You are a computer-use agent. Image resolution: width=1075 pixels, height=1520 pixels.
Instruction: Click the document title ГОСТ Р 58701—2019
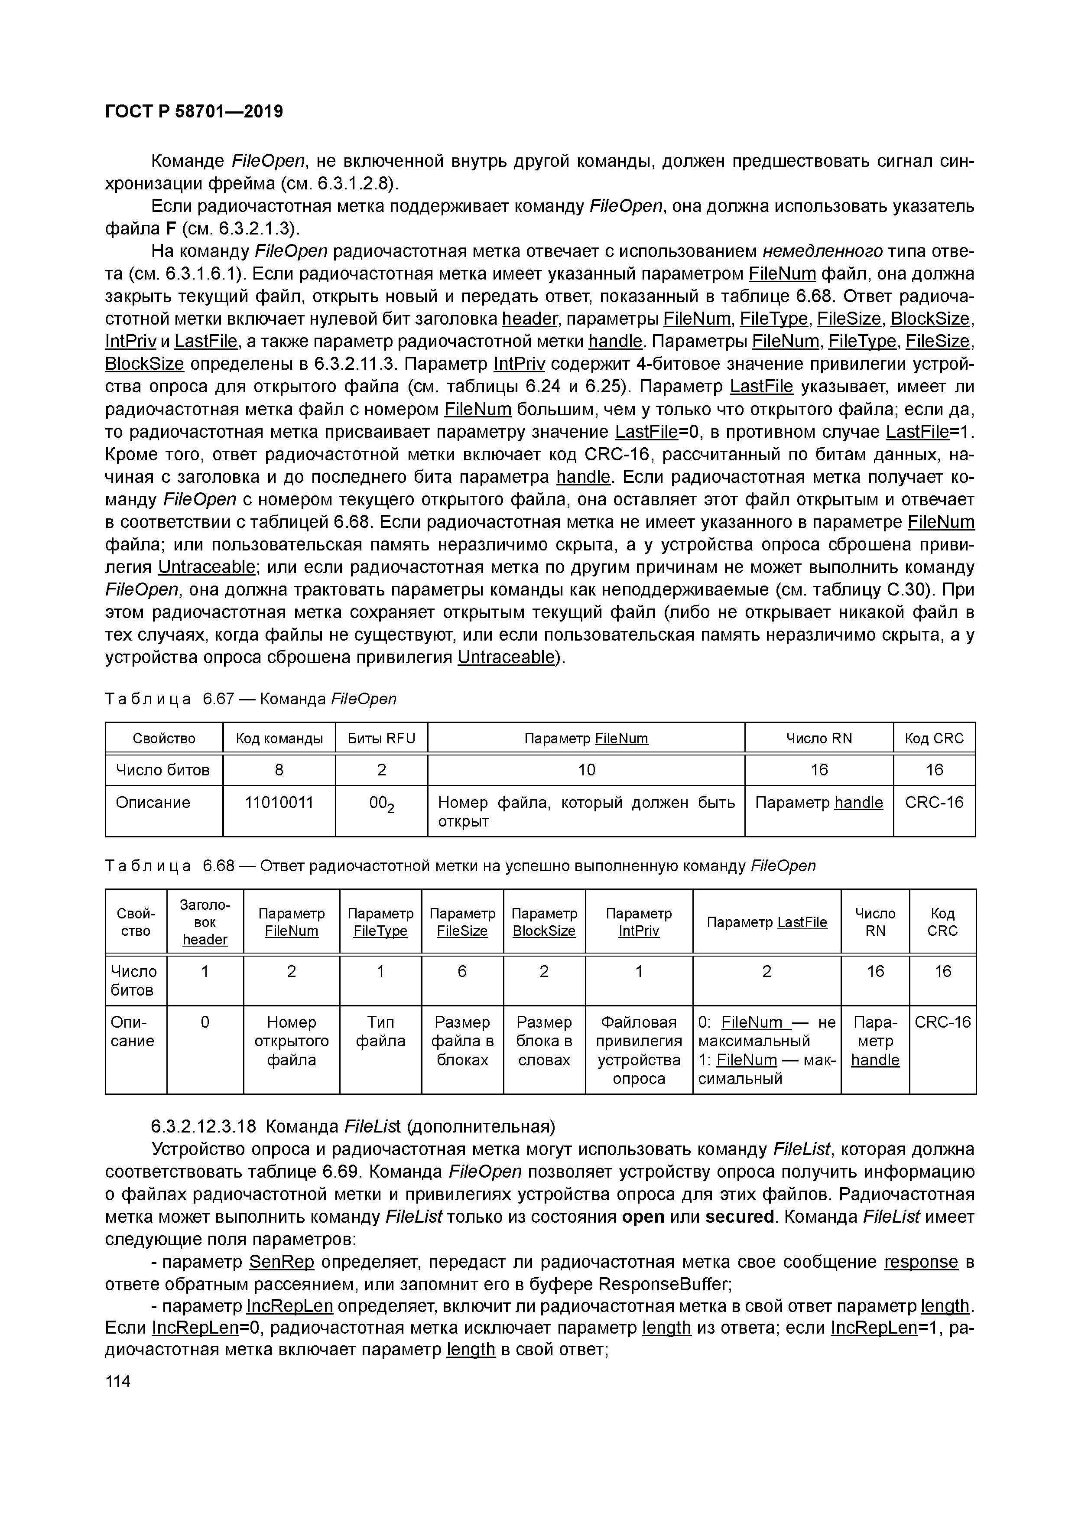coord(194,111)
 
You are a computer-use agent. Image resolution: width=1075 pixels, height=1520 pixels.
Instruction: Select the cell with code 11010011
coord(279,802)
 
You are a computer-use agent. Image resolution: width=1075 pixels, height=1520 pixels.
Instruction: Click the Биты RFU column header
coord(381,738)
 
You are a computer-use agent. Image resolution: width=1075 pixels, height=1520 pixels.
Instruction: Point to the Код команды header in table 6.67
coord(279,738)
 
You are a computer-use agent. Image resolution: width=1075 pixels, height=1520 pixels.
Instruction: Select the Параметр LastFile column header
coord(766,922)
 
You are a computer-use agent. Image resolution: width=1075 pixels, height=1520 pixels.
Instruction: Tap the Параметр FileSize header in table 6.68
coord(462,922)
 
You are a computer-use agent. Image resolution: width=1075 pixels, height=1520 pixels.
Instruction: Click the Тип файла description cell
coord(380,1032)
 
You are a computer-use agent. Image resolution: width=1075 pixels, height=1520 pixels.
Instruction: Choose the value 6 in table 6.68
coord(462,971)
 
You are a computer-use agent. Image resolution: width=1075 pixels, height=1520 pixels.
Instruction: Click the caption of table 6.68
coord(460,866)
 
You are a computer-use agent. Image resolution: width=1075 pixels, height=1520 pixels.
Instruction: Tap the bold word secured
coord(739,1217)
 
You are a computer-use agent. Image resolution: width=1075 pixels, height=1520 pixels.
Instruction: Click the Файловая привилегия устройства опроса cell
coord(638,1050)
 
